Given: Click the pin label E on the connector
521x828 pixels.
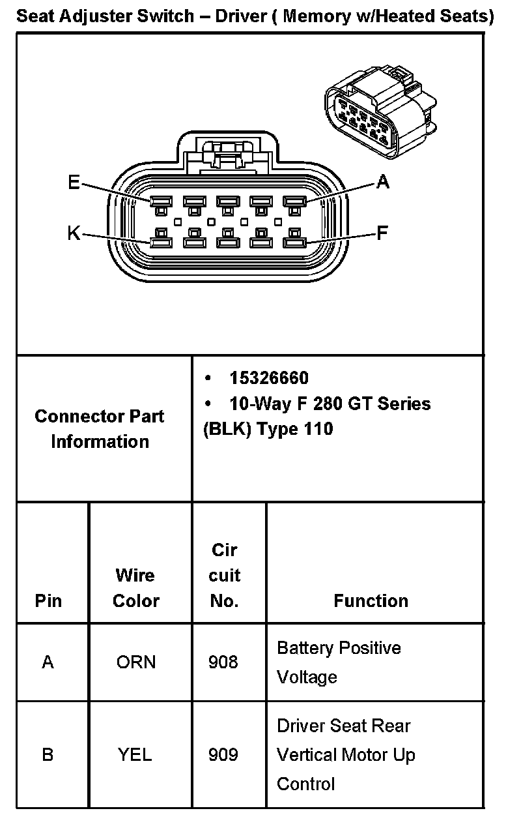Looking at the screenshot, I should pos(74,183).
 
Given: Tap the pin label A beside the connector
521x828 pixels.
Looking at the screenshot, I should pos(383,183).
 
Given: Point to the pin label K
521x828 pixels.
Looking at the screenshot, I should pos(74,233).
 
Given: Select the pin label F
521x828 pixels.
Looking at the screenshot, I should pos(382,233).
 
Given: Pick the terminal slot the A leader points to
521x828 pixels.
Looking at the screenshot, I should pos(294,201).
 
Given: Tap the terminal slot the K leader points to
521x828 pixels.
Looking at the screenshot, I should pos(160,243).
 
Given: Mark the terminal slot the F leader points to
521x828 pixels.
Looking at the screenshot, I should pos(294,243).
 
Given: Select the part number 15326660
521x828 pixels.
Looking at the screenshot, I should pos(269,378).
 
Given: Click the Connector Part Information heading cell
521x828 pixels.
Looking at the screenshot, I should pos(100,428).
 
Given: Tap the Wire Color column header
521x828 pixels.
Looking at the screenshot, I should pos(135,587).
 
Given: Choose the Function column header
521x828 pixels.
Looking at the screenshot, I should pos(371,600).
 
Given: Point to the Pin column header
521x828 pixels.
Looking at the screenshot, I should pos(48,600).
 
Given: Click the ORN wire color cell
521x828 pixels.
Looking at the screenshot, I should pos(136,662).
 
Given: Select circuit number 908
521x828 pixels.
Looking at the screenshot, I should pos(223,662).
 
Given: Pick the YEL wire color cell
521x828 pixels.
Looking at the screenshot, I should pos(135,755).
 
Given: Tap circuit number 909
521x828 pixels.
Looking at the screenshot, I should pos(223,755).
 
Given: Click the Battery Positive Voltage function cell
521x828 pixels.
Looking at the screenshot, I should pos(339,662).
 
